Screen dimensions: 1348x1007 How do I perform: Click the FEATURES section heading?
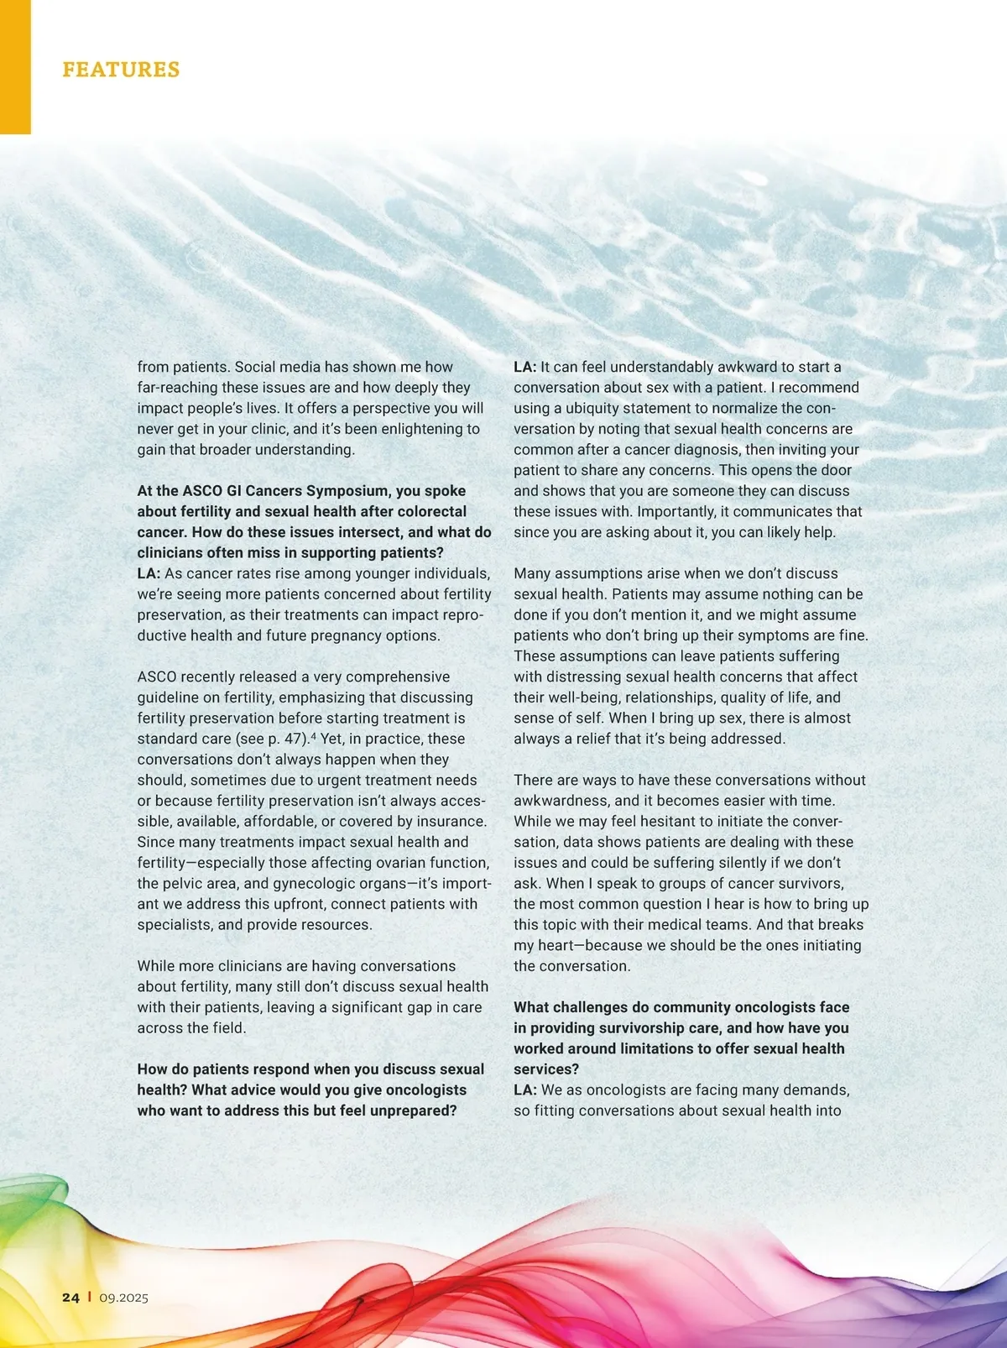(121, 69)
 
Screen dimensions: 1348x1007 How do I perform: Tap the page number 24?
(70, 1297)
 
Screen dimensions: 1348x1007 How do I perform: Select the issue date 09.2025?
(123, 1298)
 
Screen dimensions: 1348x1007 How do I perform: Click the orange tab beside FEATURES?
(15, 67)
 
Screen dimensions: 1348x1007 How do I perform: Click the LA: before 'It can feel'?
(525, 367)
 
